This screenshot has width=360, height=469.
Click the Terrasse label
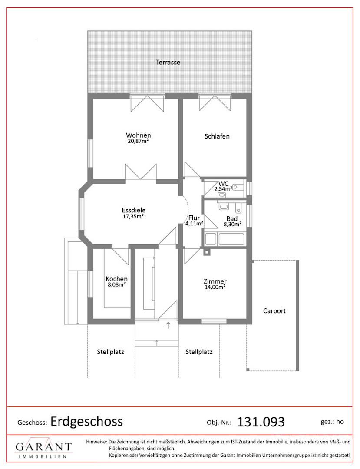coord(168,62)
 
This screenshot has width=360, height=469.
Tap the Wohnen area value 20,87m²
coord(138,141)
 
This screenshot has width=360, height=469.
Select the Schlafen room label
coord(217,136)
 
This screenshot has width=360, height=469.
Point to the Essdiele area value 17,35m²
coord(133,216)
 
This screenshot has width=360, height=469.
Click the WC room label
coord(224,184)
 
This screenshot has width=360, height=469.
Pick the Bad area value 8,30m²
coord(233,224)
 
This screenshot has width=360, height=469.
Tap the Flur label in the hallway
coord(194,218)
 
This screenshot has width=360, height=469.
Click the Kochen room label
coord(117,279)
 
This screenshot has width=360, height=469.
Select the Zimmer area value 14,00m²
coord(215,287)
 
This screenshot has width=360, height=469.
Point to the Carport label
coord(274,311)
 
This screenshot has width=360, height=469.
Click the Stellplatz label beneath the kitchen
coord(110,352)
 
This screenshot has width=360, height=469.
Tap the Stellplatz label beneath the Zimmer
coord(199,352)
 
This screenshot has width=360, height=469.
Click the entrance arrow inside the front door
coord(168,325)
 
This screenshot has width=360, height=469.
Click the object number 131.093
coord(261,422)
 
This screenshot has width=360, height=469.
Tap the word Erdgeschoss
coord(87,421)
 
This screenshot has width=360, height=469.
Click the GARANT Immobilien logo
coord(44,449)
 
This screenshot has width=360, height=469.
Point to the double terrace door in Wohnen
coord(147,103)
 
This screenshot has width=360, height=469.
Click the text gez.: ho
coord(332,422)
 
